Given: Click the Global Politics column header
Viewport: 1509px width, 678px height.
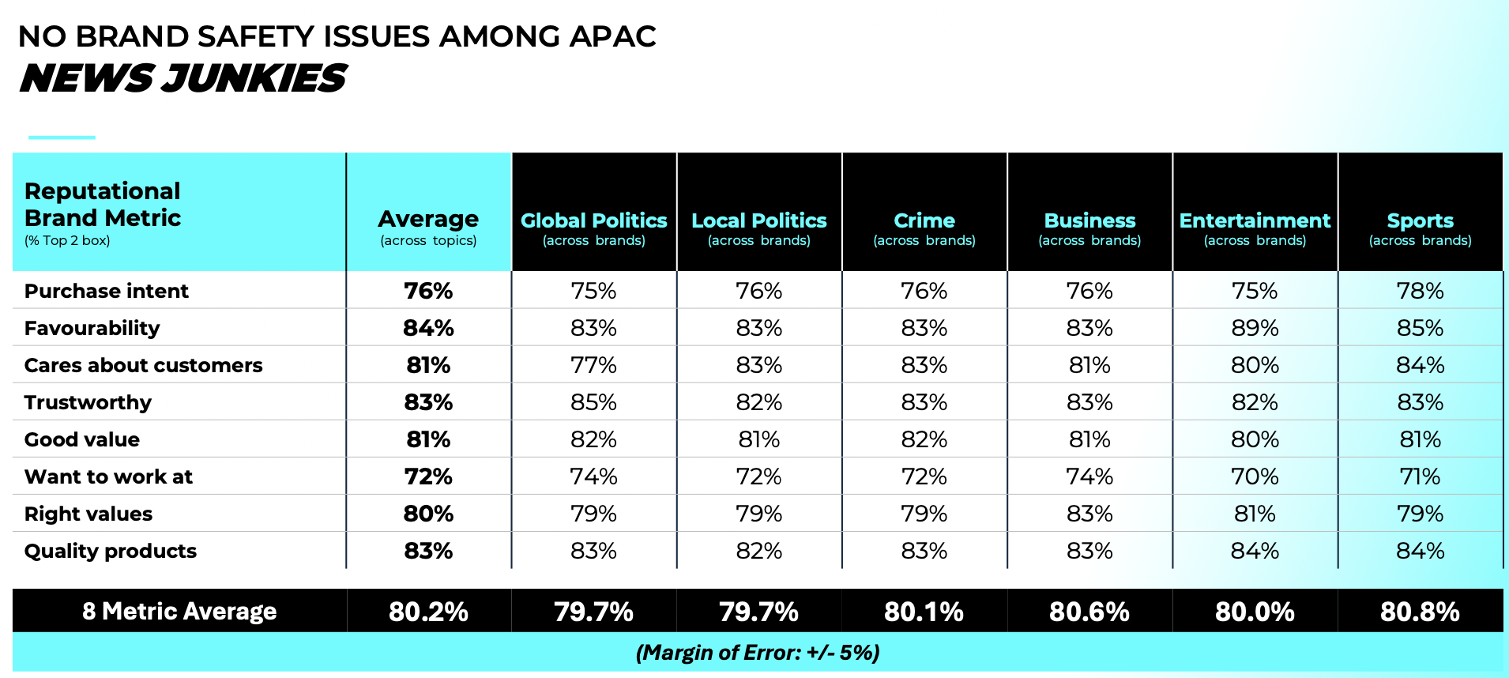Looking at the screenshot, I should click(x=593, y=220).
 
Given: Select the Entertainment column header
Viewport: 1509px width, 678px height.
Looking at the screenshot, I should click(x=1255, y=220).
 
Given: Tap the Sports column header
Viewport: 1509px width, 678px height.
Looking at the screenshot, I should click(x=1420, y=220).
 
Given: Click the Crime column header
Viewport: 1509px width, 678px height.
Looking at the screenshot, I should click(x=924, y=220).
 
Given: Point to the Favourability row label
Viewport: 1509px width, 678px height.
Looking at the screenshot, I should click(x=92, y=328).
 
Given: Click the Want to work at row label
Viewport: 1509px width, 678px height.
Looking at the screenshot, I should click(x=108, y=476).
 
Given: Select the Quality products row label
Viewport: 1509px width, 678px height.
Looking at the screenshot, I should click(x=110, y=551).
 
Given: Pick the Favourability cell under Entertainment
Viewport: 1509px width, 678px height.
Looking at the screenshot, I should click(x=1255, y=328).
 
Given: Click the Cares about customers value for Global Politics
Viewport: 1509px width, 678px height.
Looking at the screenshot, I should click(x=593, y=365).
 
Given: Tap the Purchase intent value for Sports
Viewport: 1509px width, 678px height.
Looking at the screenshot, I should click(x=1420, y=291).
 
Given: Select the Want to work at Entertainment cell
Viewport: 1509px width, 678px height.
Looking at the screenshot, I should click(x=1255, y=476).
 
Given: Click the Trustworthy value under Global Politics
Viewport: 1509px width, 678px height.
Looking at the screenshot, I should click(x=593, y=402).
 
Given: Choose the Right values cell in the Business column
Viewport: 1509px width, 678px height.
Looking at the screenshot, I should click(x=1089, y=514).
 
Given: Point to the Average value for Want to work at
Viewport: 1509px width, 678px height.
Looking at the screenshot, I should click(x=428, y=476).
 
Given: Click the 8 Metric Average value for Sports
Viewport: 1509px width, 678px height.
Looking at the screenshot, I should click(x=1420, y=612).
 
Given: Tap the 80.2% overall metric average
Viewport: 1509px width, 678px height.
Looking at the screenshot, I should click(x=428, y=612).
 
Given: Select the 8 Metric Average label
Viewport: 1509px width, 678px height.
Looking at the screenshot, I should click(x=179, y=612).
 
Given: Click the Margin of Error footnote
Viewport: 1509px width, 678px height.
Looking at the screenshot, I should click(x=757, y=653).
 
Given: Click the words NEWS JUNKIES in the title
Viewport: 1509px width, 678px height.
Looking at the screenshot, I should click(x=183, y=78).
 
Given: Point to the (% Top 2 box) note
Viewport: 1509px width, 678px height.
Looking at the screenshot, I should click(x=67, y=240).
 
